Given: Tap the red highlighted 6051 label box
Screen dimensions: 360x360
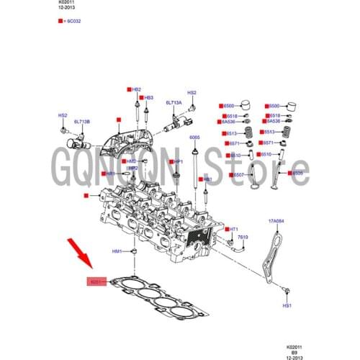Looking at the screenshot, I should pyautogui.click(x=96, y=282).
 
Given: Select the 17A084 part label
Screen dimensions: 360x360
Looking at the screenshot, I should pyautogui.click(x=277, y=221).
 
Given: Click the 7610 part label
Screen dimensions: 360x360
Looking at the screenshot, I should pyautogui.click(x=243, y=237).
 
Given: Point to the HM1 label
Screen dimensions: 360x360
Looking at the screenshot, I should pyautogui.click(x=117, y=251).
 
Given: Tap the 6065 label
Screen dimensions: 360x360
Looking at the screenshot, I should pyautogui.click(x=194, y=137).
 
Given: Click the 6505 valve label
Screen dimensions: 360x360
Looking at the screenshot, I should pyautogui.click(x=297, y=174).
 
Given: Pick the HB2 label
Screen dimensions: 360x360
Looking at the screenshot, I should pyautogui.click(x=136, y=89).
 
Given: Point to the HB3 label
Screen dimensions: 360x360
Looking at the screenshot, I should pyautogui.click(x=148, y=97).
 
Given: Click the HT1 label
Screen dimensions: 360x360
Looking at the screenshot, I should pyautogui.click(x=233, y=228).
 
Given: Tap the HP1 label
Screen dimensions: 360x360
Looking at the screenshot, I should pyautogui.click(x=179, y=162).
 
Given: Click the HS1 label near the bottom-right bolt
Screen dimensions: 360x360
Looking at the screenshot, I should pyautogui.click(x=287, y=305).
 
